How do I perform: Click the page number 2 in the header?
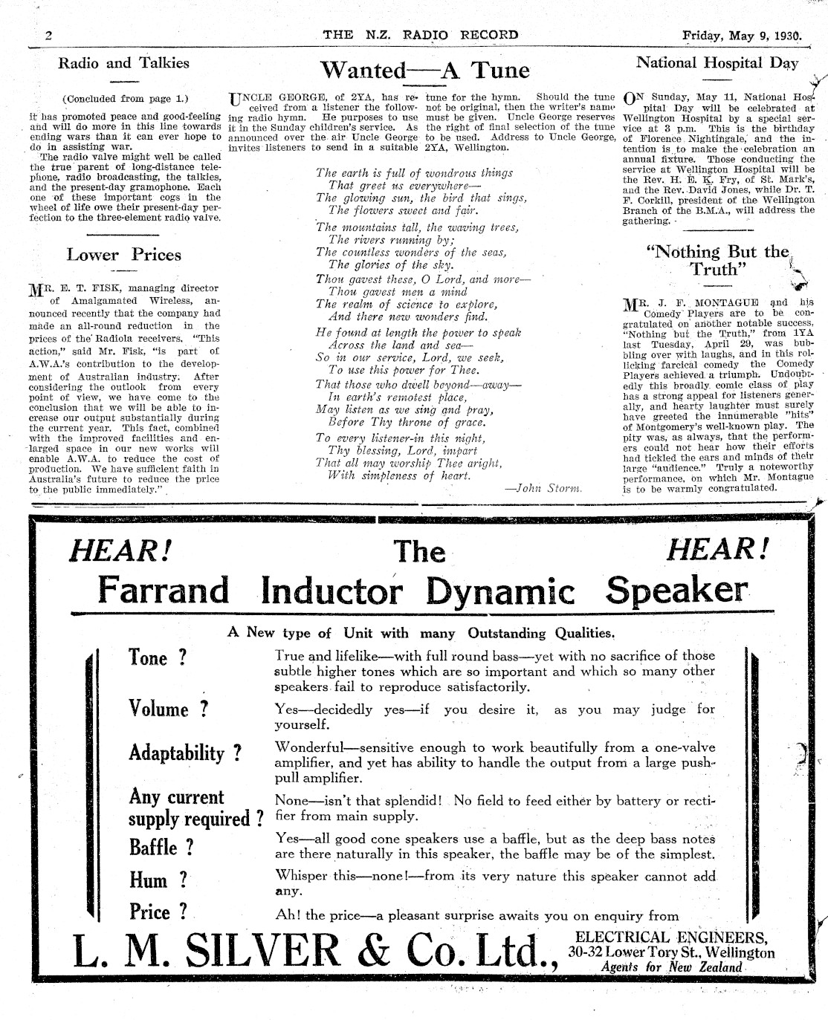[x=48, y=35]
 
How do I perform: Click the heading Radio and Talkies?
[x=123, y=63]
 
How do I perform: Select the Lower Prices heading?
[x=123, y=255]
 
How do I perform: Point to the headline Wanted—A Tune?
[x=424, y=71]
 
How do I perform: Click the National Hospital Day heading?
[x=717, y=62]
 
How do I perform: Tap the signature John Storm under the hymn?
[x=543, y=488]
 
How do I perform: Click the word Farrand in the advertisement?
[x=164, y=591]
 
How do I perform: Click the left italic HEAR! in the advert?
[x=121, y=550]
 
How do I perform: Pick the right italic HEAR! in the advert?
[x=717, y=550]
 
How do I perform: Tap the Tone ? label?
[x=158, y=658]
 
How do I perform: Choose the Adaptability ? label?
[x=185, y=753]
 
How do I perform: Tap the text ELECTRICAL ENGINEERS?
[x=671, y=938]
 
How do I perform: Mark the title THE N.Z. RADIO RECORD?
[x=421, y=35]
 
